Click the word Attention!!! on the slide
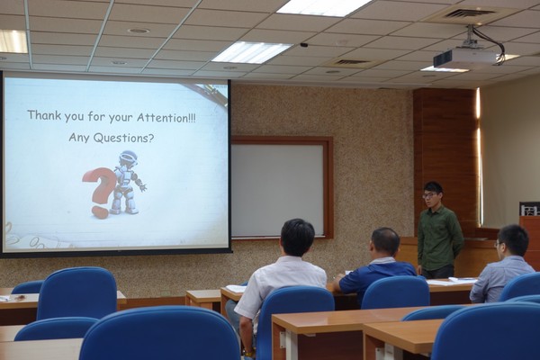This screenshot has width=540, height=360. coord(166,118)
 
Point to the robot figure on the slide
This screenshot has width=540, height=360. coord(127,183)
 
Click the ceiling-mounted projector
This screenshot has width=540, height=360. coord(464,58)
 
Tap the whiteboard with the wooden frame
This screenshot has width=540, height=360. coord(278,190)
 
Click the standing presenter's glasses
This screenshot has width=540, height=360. coord(428,195)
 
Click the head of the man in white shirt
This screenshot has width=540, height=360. coord(298,238)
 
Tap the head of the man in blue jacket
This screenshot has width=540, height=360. coord(385,243)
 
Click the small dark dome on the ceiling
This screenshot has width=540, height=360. coord(304,45)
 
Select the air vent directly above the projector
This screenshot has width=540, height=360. coord(469,13)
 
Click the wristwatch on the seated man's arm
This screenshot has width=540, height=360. coord(247,352)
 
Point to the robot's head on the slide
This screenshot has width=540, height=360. coord(129,158)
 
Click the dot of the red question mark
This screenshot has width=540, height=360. coord(100,211)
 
